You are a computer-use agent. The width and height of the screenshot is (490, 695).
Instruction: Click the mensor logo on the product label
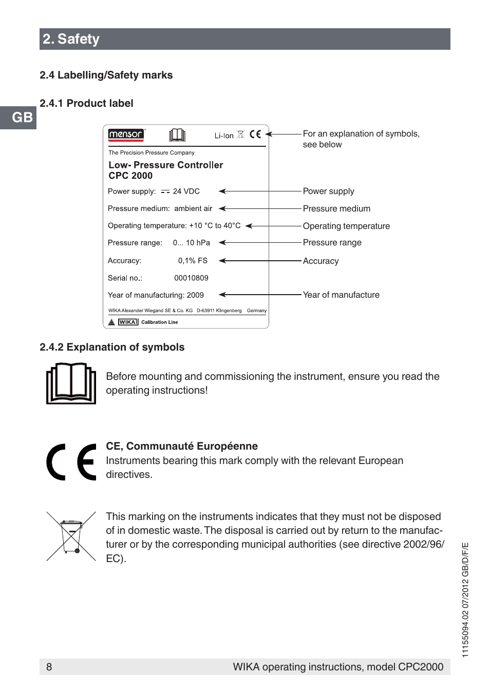126,134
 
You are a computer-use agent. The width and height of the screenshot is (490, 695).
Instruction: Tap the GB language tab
22,118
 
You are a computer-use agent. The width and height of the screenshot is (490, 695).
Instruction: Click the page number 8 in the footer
49,667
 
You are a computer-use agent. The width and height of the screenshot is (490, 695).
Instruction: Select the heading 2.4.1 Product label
86,103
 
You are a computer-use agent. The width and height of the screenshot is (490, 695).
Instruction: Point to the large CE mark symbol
71,461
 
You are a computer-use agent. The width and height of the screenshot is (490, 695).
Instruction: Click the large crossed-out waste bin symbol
71,536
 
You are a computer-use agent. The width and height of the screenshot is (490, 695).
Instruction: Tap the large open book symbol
71,383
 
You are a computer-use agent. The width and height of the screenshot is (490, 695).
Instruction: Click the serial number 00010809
191,278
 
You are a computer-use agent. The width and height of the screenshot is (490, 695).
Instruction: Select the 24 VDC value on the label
186,191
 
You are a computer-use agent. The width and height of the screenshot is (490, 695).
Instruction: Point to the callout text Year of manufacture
341,295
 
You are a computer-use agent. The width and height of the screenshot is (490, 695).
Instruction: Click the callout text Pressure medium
336,208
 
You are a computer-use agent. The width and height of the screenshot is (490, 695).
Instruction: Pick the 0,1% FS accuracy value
193,261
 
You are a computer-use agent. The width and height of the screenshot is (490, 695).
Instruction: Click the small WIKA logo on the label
128,322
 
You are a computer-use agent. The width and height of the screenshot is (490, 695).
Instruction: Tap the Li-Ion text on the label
224,136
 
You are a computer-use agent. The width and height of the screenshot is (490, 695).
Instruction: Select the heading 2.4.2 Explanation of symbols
112,347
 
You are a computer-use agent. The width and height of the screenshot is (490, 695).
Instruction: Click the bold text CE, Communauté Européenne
182,446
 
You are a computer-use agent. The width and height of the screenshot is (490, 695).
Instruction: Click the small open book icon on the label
177,135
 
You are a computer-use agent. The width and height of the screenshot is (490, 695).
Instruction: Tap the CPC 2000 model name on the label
130,176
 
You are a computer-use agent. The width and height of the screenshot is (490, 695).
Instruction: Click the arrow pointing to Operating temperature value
272,226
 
